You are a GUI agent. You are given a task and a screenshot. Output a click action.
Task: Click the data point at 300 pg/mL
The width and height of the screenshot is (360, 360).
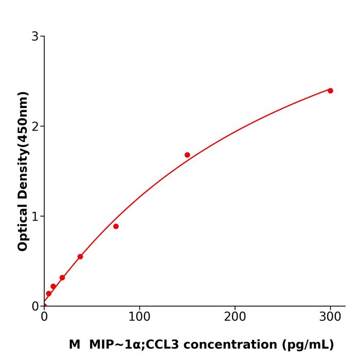(x=330, y=91)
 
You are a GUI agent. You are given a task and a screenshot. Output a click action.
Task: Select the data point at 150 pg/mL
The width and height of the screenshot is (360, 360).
(x=187, y=155)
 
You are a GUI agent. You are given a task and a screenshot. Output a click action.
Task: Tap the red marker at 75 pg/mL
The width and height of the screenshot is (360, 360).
(x=116, y=226)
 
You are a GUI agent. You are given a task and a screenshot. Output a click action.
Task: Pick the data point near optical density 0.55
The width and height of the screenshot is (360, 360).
(x=80, y=257)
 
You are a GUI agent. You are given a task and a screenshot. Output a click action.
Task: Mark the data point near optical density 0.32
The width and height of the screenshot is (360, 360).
(x=62, y=278)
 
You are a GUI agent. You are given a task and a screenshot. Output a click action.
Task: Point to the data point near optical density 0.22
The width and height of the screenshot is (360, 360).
(x=53, y=286)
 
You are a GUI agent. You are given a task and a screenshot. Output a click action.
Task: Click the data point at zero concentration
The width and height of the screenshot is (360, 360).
(x=44, y=306)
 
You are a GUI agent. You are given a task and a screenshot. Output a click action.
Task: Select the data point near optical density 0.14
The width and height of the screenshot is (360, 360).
(x=49, y=294)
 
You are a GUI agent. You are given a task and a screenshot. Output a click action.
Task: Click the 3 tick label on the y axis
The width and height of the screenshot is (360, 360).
(x=35, y=37)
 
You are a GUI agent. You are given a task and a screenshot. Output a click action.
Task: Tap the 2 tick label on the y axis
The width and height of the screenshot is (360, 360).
(x=35, y=127)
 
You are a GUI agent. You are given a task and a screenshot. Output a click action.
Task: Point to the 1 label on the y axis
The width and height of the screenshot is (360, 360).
(x=35, y=217)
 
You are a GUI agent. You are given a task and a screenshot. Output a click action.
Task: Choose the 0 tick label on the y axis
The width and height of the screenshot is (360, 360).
(x=35, y=307)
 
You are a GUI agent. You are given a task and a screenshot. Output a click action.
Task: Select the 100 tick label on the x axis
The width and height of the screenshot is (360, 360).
(x=139, y=317)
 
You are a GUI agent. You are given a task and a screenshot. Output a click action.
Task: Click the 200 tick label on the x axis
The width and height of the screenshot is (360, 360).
(x=235, y=317)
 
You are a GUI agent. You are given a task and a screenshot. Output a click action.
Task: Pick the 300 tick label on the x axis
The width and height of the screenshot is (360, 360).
(x=330, y=317)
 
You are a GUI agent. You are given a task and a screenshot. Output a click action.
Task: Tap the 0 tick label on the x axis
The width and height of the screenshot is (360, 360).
(x=44, y=317)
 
